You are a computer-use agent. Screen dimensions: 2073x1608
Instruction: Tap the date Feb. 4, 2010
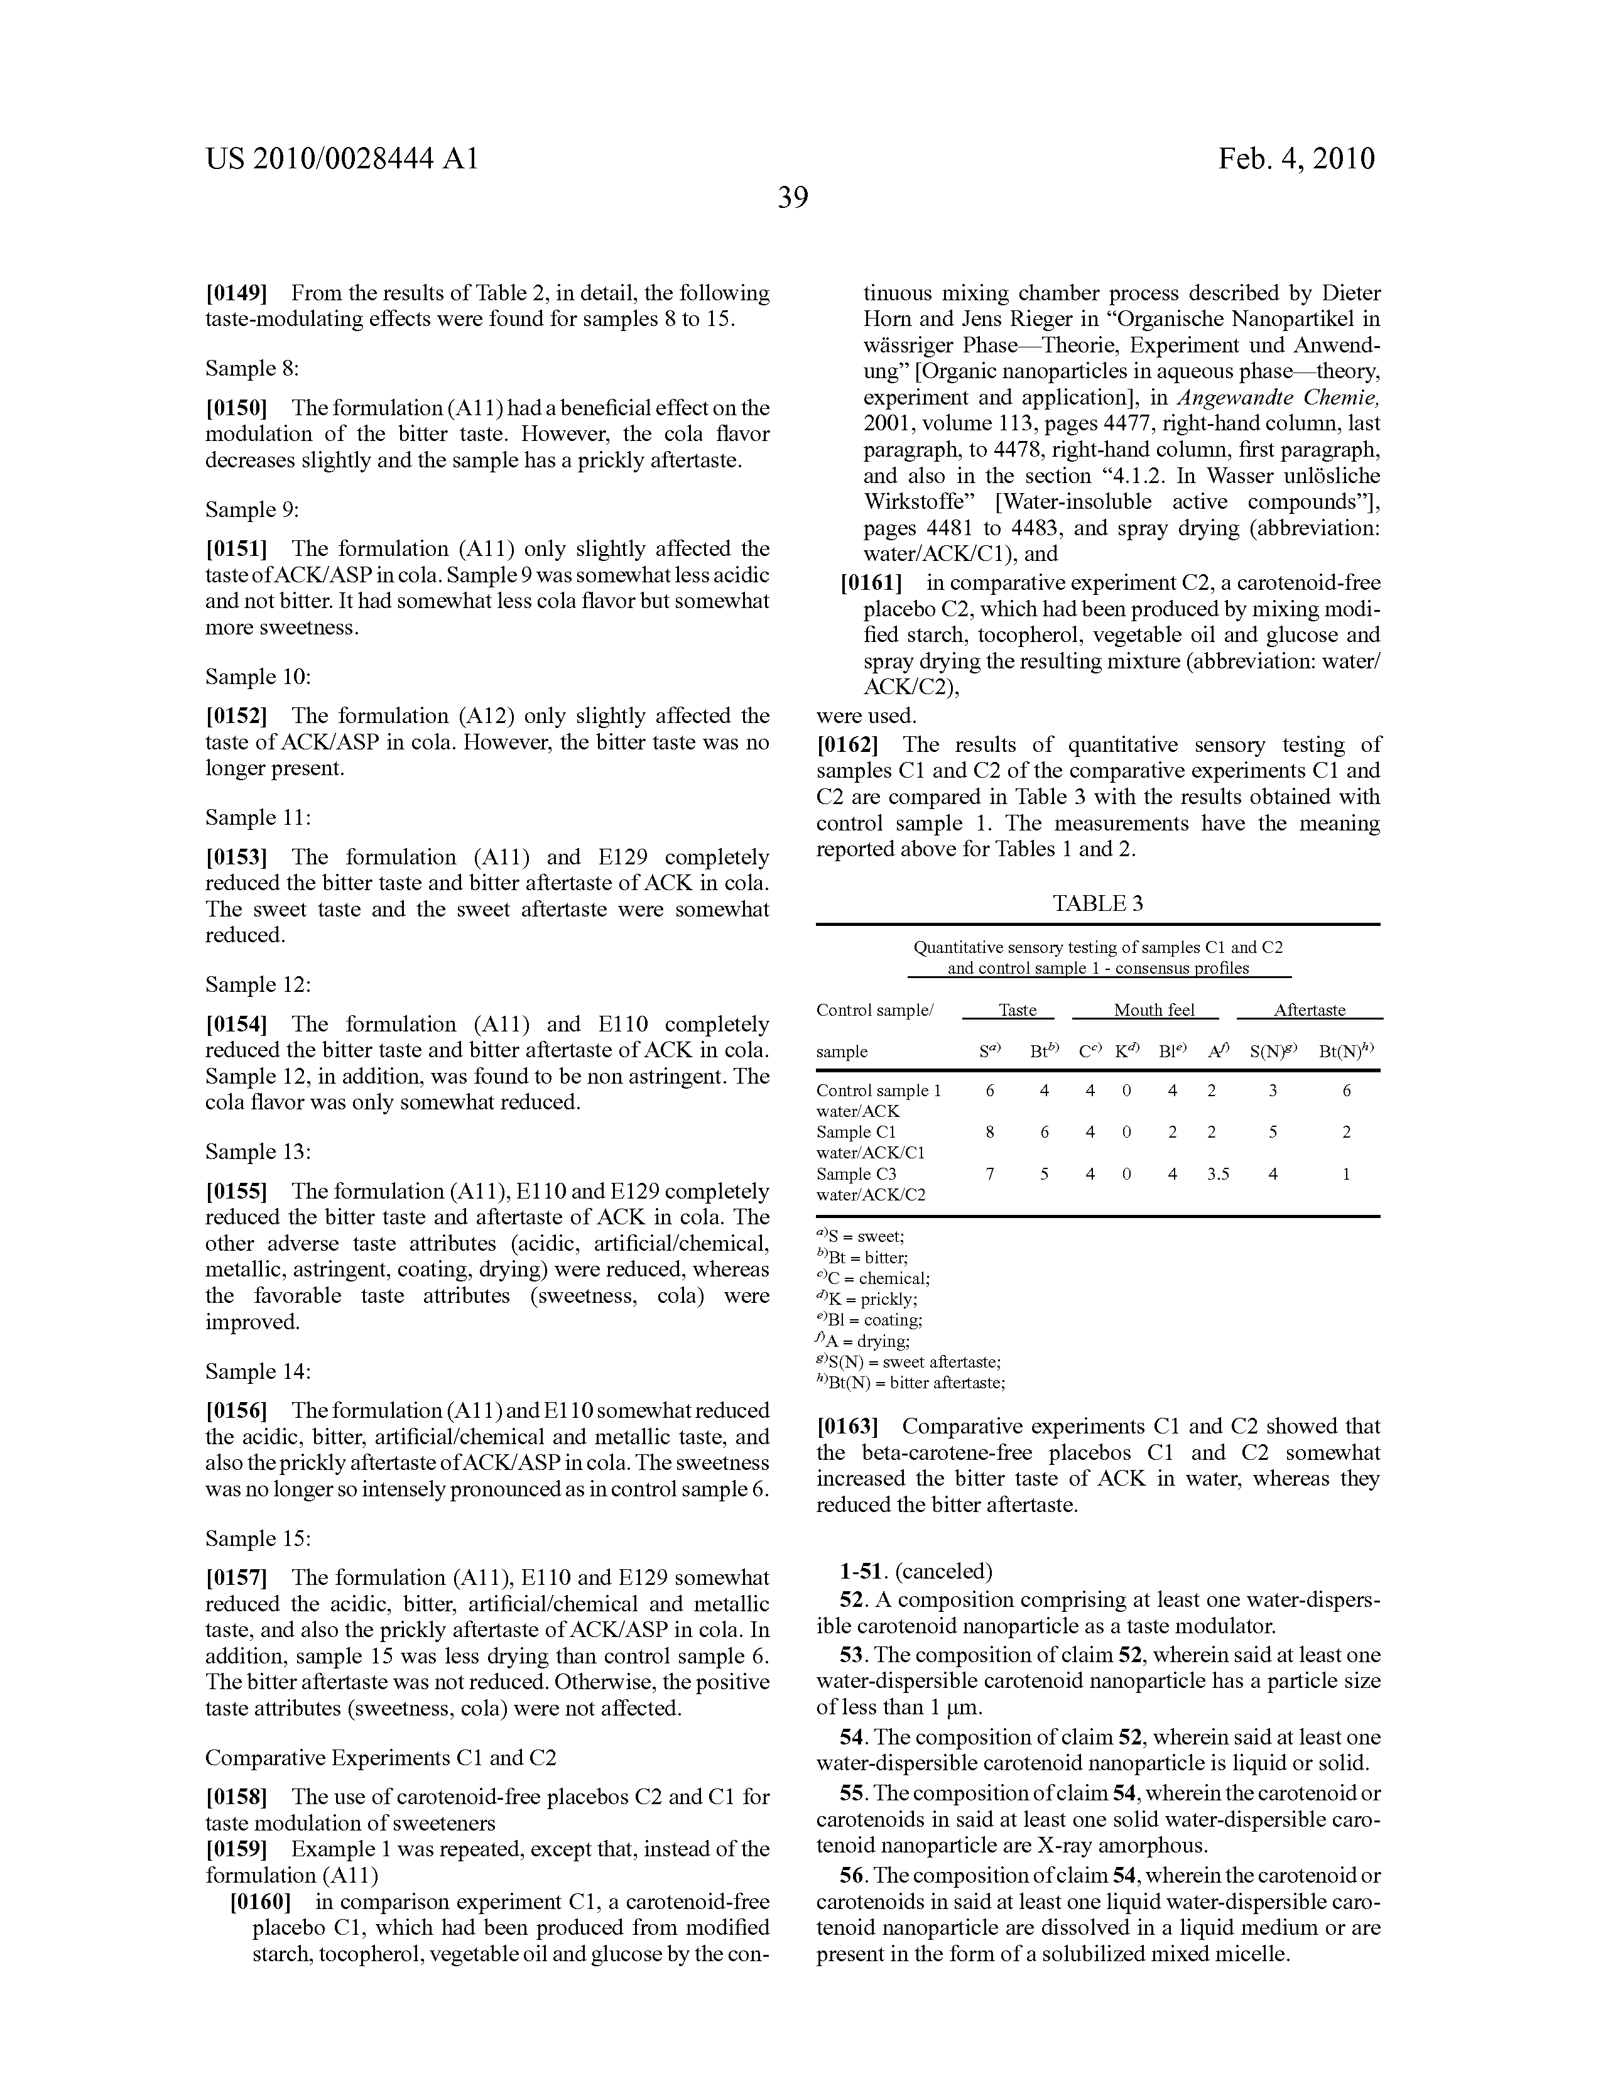(1296, 158)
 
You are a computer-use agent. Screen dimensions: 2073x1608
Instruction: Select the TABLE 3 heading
(1097, 903)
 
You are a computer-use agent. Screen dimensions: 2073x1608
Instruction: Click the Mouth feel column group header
(1153, 1010)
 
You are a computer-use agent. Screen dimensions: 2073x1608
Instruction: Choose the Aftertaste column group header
(1309, 1010)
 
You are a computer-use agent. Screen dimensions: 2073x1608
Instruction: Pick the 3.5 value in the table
(1218, 1174)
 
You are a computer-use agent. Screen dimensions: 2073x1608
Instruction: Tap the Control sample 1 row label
(879, 1091)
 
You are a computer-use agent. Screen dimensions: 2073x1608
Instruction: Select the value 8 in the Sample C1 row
(990, 1133)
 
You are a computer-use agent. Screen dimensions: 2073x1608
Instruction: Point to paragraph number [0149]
(236, 293)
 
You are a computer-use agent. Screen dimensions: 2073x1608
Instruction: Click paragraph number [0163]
(847, 1427)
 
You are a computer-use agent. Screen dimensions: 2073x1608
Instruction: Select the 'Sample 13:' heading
(258, 1151)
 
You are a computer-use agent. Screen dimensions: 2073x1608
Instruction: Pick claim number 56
(850, 1876)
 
